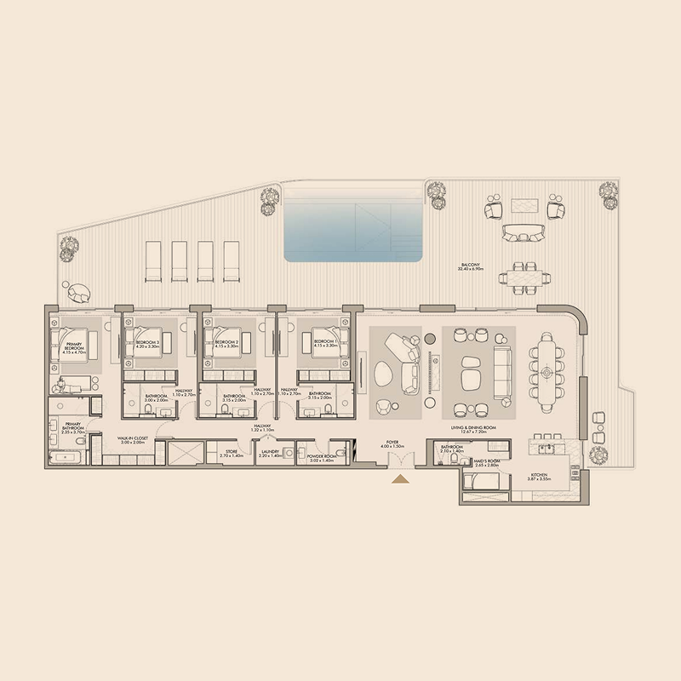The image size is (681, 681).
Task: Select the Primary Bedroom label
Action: tap(75, 346)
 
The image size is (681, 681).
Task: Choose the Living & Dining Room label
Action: tap(472, 430)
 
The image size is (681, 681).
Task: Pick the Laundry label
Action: tap(271, 455)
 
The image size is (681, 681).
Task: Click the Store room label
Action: tap(232, 455)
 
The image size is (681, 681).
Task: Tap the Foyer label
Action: tap(392, 444)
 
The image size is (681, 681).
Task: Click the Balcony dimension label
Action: tap(471, 267)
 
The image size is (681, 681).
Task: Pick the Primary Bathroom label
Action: tap(73, 430)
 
